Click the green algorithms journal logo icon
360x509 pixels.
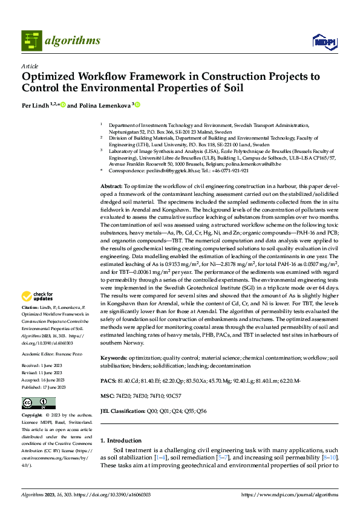coord(31,41)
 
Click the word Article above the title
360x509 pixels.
coord(30,66)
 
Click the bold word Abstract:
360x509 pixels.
coord(111,170)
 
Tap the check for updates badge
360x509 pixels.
coord(36,296)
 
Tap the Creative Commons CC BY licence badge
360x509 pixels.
coord(38,403)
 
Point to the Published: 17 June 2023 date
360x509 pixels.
coord(48,387)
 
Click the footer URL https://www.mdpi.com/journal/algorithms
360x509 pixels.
coord(290,494)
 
